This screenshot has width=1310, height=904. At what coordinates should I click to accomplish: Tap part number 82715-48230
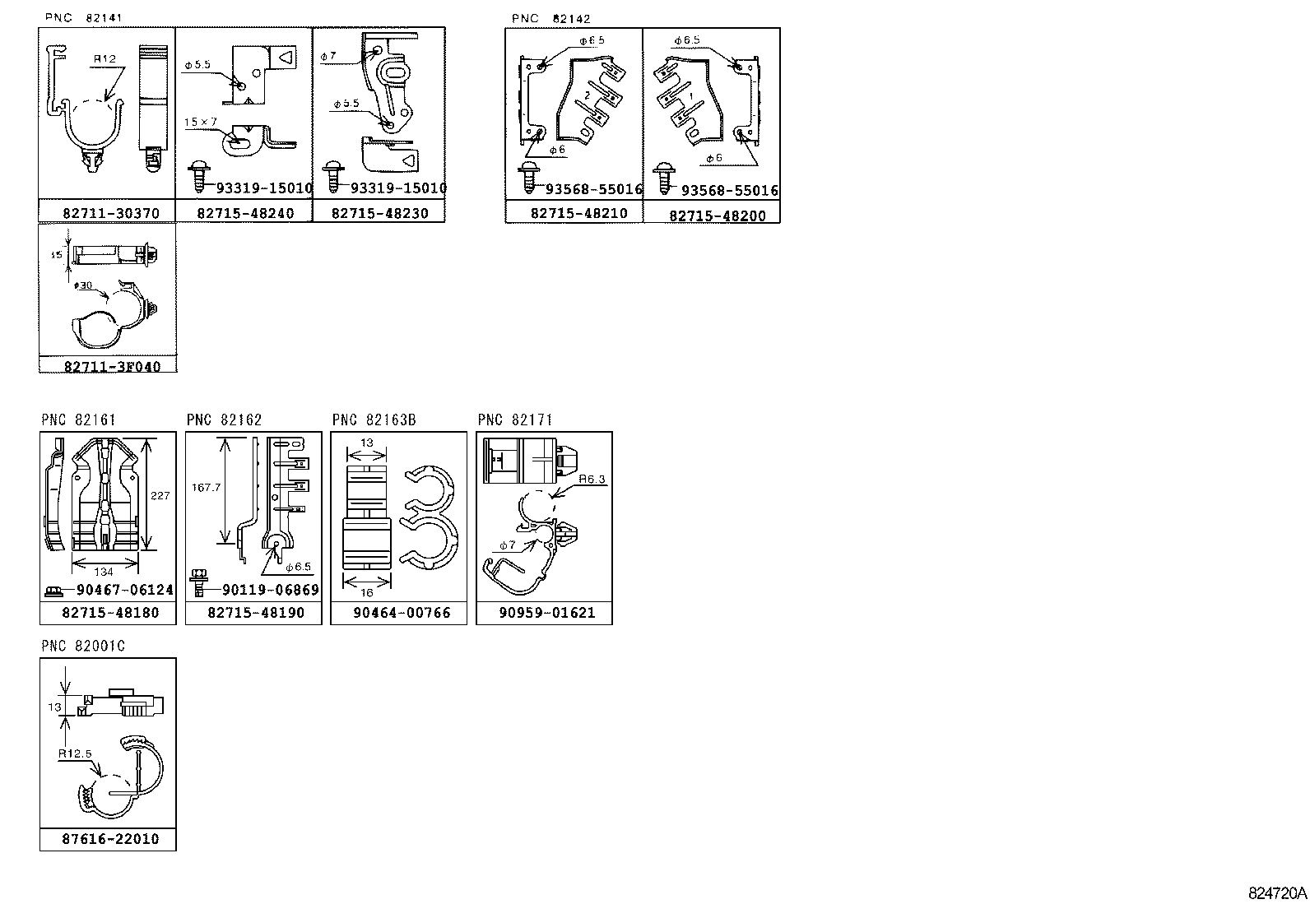click(x=379, y=213)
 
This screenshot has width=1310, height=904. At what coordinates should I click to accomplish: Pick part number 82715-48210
click(x=578, y=213)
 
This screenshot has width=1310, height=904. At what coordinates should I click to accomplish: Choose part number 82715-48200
click(x=717, y=216)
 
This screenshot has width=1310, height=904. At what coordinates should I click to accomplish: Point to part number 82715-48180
click(x=109, y=613)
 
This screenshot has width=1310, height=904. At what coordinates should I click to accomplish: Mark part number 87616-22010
click(x=109, y=839)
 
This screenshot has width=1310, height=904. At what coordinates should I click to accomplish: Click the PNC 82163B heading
click(x=374, y=420)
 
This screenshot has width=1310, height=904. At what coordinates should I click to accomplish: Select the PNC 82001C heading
click(x=83, y=647)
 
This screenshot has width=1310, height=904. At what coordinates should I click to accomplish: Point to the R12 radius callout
click(x=105, y=59)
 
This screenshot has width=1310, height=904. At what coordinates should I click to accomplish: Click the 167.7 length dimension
click(x=207, y=487)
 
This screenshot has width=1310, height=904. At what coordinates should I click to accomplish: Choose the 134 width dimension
click(x=104, y=571)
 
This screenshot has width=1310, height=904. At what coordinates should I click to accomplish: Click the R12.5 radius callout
click(x=75, y=753)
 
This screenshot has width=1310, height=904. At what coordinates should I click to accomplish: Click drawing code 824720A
click(x=1277, y=893)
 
